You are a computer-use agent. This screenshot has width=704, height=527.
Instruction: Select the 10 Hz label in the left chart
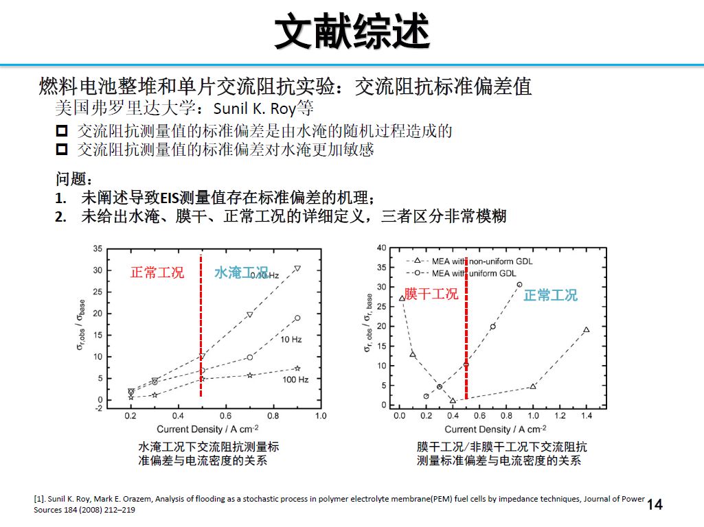(291, 339)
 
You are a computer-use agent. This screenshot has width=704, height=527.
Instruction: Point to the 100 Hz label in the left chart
(295, 379)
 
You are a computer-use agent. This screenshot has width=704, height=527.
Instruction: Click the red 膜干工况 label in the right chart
(431, 294)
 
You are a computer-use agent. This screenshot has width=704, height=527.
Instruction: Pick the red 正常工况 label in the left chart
(157, 272)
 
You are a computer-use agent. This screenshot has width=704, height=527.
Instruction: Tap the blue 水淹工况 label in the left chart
(240, 273)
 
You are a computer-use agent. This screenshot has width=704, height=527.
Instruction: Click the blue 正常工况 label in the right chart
(550, 296)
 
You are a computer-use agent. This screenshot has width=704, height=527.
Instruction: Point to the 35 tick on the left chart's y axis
(98, 249)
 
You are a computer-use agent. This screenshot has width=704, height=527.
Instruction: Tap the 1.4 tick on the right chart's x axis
(586, 416)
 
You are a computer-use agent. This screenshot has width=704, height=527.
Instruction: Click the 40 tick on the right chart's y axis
(382, 247)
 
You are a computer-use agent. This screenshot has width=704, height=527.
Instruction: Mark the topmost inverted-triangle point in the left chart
(297, 268)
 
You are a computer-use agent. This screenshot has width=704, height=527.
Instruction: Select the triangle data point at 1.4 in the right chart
(586, 330)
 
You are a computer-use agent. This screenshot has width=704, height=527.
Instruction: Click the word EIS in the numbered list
(169, 198)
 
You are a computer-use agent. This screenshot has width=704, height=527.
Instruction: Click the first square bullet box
(63, 130)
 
